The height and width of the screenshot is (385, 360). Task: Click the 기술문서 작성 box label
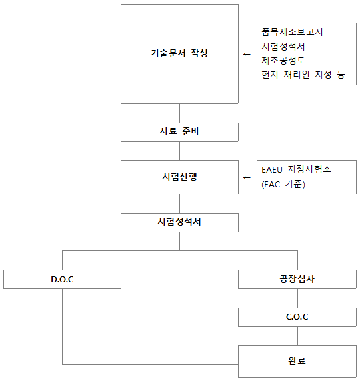[179, 53]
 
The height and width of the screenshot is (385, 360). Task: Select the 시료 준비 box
[179, 132]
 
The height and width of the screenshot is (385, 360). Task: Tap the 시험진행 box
[179, 177]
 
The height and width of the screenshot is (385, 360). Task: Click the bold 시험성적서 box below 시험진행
[179, 222]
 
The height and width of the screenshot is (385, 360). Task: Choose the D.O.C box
[62, 279]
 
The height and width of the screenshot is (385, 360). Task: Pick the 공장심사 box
[297, 279]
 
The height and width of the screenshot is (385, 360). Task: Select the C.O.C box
[297, 317]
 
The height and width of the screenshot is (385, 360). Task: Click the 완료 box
[297, 361]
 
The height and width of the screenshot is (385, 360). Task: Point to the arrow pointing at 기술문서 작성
[247, 54]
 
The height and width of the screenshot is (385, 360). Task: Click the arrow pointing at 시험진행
[247, 177]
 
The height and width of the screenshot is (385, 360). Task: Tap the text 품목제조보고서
[292, 32]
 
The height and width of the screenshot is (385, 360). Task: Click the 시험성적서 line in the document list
[283, 47]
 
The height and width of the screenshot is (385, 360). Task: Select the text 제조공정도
[283, 61]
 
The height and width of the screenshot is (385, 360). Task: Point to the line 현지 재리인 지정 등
[303, 74]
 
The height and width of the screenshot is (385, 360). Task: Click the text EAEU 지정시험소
[296, 169]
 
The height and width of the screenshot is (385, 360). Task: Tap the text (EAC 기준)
[283, 184]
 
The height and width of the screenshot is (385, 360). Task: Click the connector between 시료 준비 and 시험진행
[179, 151]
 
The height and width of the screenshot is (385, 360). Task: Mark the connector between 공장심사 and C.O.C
[298, 298]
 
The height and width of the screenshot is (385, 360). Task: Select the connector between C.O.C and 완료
[298, 336]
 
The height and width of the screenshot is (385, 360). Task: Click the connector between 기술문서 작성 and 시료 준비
[179, 113]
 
